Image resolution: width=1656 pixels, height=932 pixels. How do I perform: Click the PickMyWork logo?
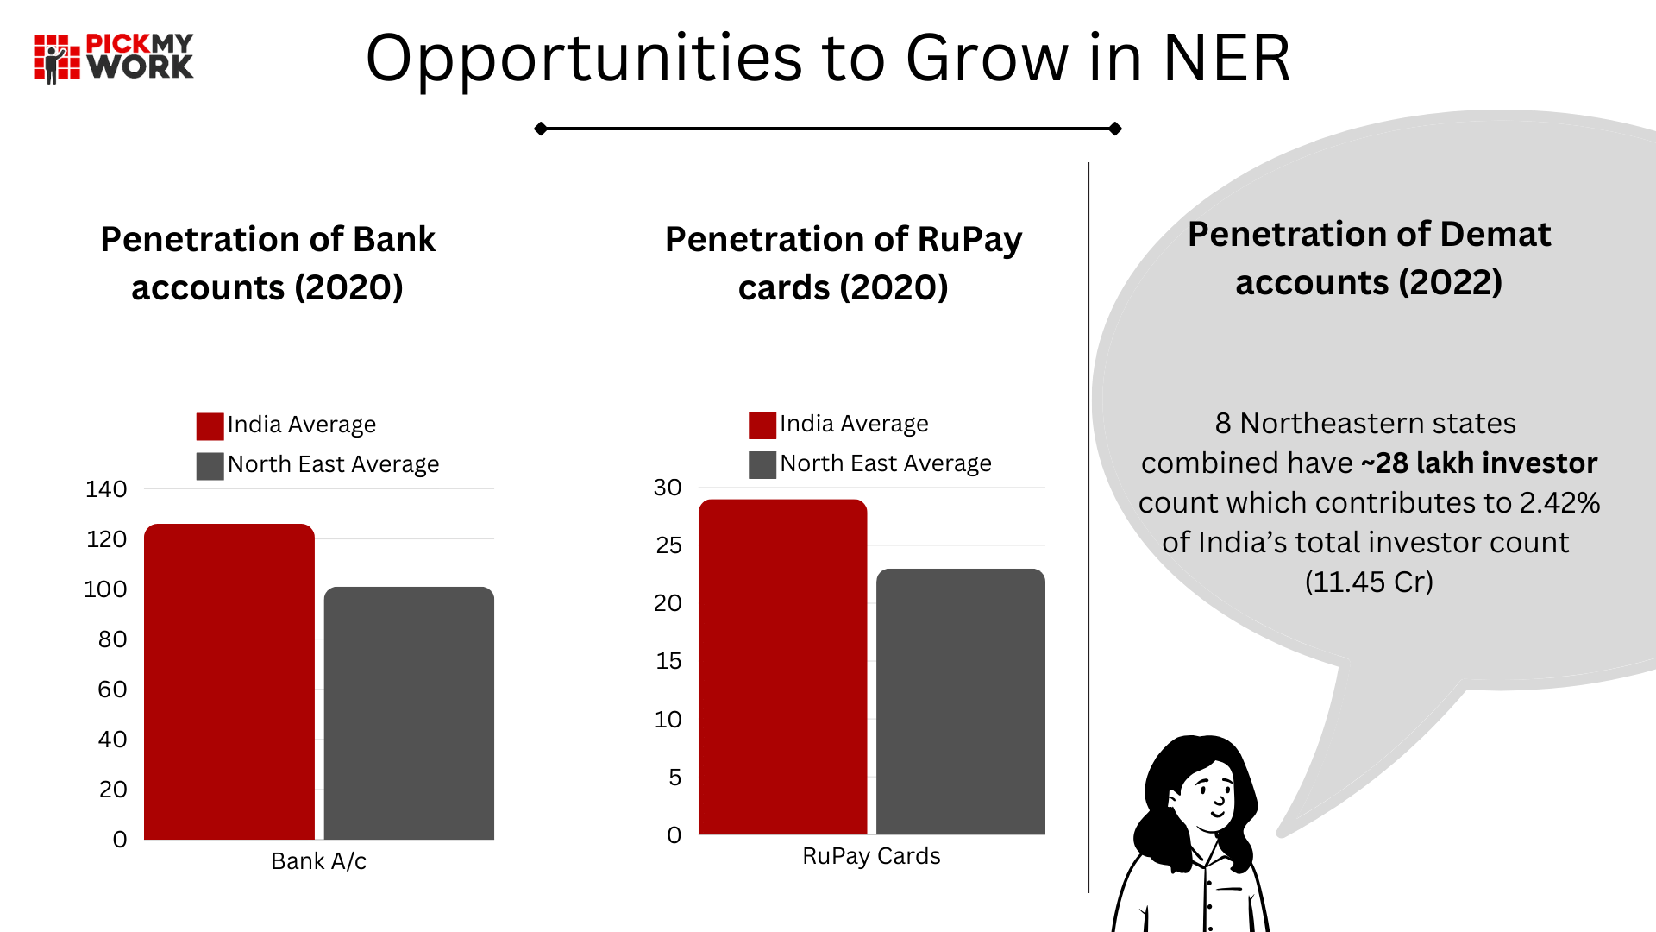tap(114, 58)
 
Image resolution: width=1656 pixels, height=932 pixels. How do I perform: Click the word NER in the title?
tap(1226, 59)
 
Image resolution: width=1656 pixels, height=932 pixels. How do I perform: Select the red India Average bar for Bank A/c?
tap(229, 682)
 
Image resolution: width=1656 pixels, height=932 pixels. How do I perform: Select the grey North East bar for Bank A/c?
tap(409, 713)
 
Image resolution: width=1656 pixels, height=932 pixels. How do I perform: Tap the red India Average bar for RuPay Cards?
tap(782, 667)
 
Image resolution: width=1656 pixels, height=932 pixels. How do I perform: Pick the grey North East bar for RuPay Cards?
tap(960, 702)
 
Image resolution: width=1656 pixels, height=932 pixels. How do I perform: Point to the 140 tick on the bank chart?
tap(106, 489)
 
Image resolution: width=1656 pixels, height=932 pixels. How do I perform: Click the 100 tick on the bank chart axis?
tap(105, 589)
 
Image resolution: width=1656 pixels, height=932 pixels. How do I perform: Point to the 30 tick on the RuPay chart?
tap(668, 488)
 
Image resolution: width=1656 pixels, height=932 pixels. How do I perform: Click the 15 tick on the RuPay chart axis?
tap(668, 661)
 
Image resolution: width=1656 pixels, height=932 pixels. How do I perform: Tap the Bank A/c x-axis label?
tap(318, 861)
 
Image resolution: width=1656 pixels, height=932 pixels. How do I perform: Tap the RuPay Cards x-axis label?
tap(871, 856)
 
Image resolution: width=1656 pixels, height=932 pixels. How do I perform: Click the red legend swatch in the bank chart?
tap(210, 426)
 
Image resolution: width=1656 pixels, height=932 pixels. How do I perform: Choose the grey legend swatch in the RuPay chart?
tap(762, 465)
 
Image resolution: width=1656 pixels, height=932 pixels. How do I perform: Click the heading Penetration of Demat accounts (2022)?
tap(1369, 258)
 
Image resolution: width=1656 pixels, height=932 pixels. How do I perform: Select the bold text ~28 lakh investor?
tap(1479, 463)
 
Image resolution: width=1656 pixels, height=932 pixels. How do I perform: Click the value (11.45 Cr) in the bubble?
tap(1369, 582)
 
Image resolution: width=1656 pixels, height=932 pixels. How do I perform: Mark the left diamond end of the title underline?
tap(541, 129)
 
